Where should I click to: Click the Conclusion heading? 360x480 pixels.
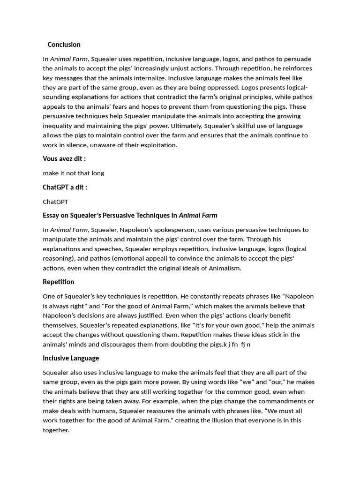(x=64, y=45)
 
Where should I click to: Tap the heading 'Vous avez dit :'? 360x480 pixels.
(x=64, y=159)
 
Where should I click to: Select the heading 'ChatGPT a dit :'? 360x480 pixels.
(x=65, y=187)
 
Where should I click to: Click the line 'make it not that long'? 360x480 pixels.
(x=73, y=173)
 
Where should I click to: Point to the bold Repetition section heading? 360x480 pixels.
(x=58, y=282)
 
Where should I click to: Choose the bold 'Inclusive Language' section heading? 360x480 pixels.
(x=71, y=358)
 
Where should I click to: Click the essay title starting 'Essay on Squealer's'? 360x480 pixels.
(x=130, y=216)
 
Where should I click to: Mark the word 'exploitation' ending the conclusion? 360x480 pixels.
(x=159, y=145)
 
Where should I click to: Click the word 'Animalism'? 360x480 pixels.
(x=225, y=268)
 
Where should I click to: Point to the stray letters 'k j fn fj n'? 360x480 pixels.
(x=236, y=345)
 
